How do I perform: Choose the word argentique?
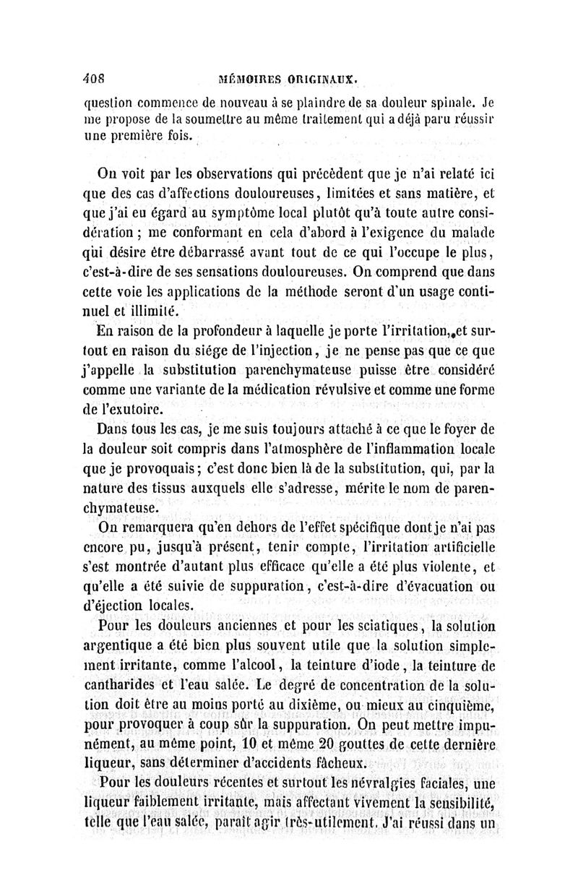pos(127,645)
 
